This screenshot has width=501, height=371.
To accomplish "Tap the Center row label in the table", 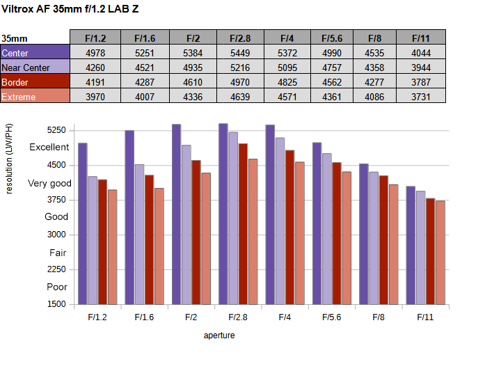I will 35,53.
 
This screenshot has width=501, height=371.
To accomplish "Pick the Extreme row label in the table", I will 35,97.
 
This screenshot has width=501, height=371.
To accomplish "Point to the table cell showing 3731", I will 420,97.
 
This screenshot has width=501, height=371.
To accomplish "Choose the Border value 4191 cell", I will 95,82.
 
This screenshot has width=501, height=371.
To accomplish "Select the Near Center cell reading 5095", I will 285,68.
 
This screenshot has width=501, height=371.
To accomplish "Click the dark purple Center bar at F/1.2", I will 83,223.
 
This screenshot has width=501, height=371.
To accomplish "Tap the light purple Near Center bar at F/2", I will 186,224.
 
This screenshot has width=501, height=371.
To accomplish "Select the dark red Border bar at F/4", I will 289,227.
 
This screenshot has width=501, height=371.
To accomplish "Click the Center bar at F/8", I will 364,234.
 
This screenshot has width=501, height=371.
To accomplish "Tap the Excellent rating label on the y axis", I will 49,147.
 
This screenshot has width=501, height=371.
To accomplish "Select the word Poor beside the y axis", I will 57,287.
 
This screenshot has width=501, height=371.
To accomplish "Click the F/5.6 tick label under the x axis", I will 331,317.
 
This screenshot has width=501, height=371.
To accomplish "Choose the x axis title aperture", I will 219,336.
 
